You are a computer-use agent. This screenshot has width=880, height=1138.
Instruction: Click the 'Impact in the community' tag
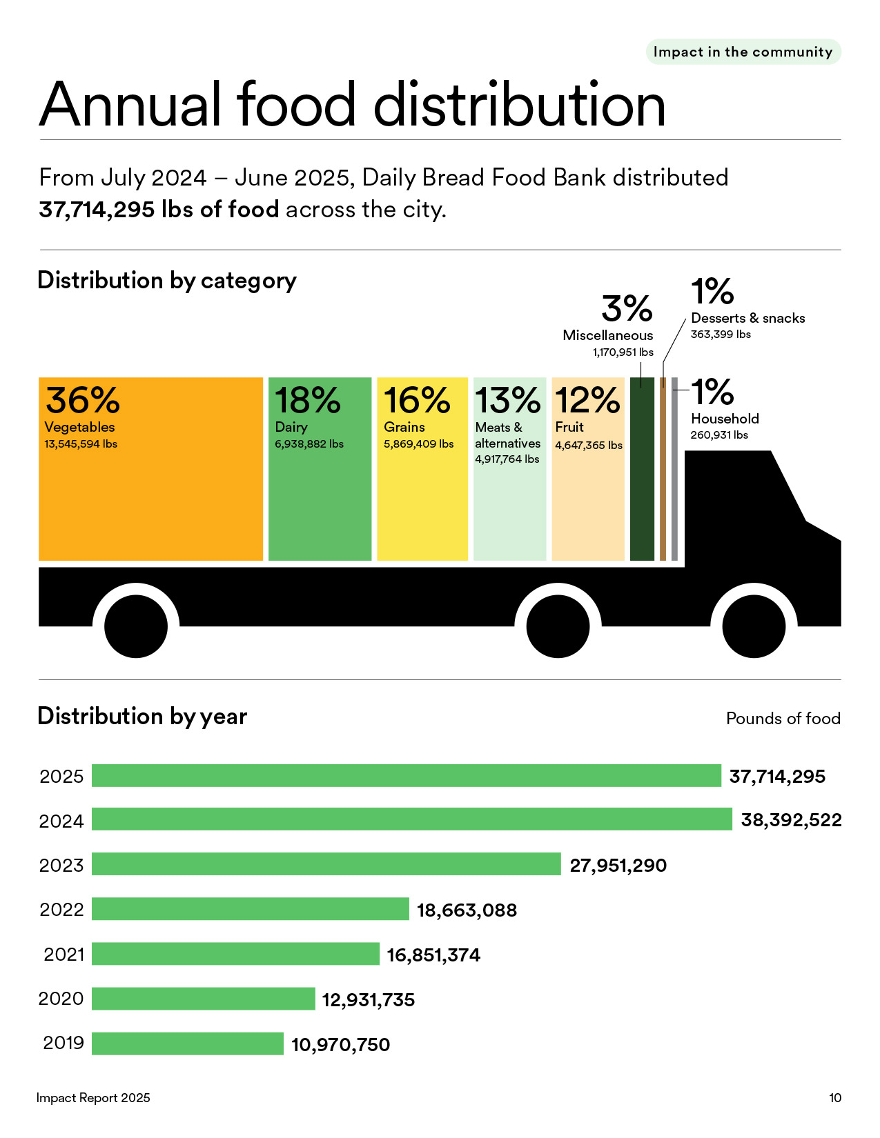(743, 52)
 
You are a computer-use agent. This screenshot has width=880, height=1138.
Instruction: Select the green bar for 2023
(326, 864)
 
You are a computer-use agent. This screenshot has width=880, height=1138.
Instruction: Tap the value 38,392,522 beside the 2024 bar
(791, 820)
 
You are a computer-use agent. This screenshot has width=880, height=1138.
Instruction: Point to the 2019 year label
(63, 1043)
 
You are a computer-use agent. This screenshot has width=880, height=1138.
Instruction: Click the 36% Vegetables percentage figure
(82, 400)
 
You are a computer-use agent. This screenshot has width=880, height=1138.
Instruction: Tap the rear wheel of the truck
(136, 626)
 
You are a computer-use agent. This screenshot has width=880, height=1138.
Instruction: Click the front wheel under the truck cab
(754, 626)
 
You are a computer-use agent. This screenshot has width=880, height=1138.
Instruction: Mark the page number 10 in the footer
(834, 1098)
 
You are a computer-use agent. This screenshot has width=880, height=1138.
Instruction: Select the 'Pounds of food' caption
(783, 719)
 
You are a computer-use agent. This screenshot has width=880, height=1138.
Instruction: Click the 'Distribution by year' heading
(142, 716)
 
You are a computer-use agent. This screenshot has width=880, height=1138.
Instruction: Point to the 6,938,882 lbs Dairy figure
(309, 444)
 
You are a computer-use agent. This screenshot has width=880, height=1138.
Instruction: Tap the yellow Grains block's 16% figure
(416, 400)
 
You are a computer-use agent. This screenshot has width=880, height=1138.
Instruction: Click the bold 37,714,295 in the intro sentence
(97, 210)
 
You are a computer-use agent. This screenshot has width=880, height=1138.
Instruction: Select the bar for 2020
(203, 999)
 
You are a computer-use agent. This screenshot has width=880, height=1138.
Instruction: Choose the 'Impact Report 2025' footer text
(93, 1098)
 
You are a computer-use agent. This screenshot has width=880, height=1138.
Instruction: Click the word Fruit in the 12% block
(569, 427)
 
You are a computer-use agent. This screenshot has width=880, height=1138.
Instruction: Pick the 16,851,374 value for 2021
(433, 955)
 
